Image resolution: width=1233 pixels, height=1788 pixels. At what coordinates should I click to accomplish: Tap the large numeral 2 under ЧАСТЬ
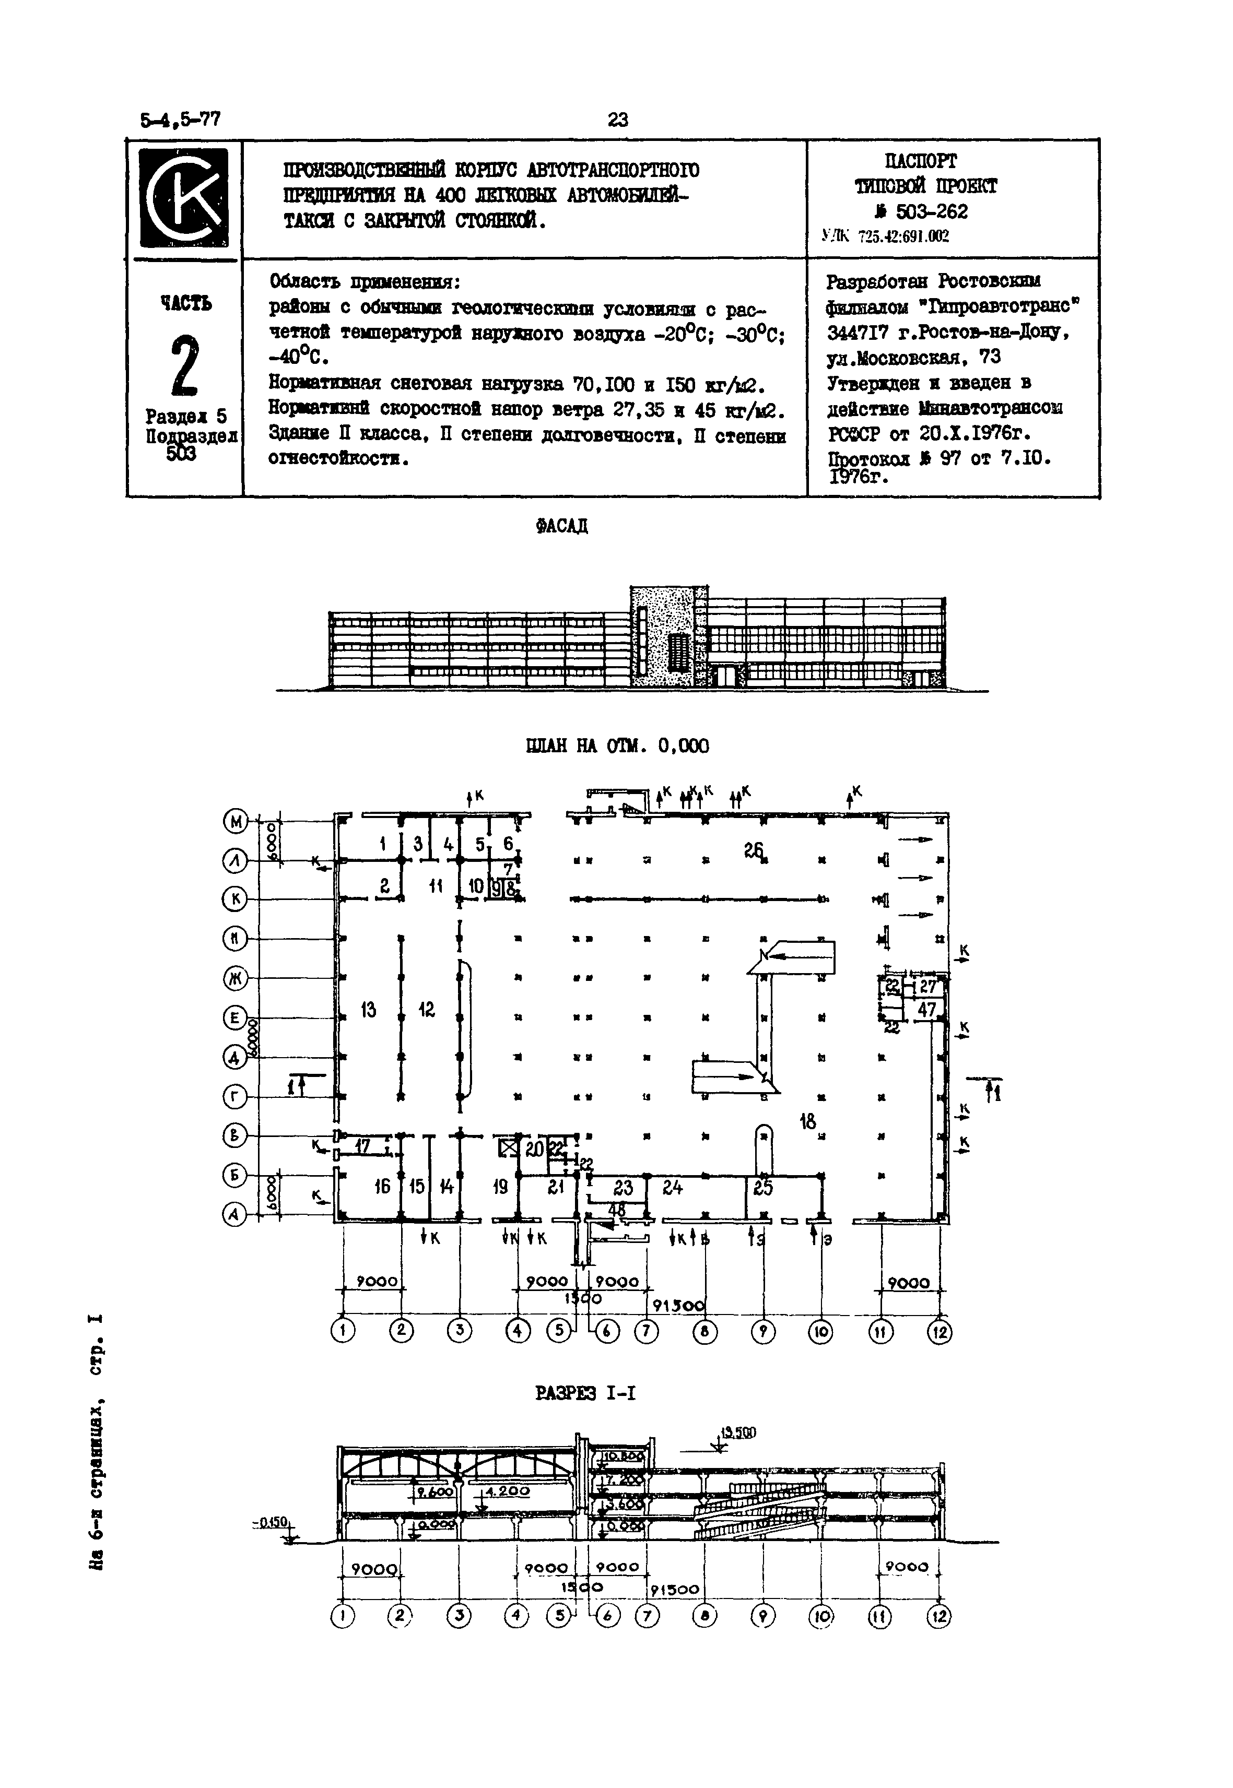(184, 365)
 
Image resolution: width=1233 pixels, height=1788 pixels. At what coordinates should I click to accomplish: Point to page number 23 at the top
(618, 119)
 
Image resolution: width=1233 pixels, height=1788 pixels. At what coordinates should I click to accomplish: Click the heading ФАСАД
(561, 526)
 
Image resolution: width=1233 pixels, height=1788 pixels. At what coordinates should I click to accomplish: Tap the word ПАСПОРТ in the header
(920, 161)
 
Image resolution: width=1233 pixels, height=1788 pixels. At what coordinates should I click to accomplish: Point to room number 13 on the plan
(369, 1009)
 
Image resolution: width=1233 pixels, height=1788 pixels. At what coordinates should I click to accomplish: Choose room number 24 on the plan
(673, 1187)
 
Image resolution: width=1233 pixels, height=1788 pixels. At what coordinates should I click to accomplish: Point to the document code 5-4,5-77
(181, 120)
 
